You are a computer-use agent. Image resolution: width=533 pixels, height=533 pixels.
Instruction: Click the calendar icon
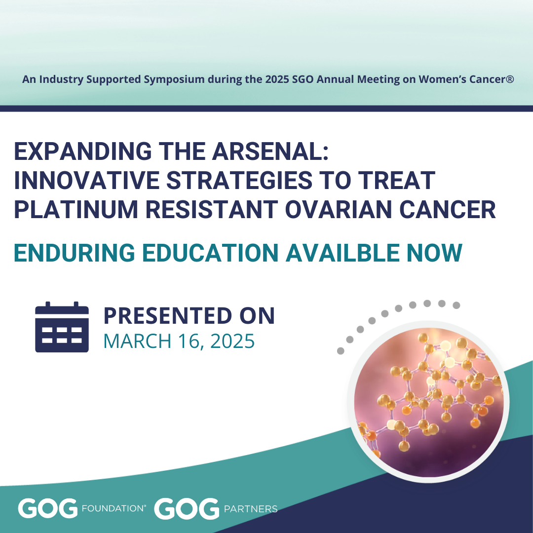[x=62, y=327]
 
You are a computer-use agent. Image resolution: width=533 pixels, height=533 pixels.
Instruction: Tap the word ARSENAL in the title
[x=270, y=151]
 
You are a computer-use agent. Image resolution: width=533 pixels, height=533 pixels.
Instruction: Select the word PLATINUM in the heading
[x=76, y=209]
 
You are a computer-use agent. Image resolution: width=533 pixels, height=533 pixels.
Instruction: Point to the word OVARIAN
[x=338, y=209]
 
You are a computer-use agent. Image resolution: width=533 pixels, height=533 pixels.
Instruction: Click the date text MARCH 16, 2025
[x=179, y=341]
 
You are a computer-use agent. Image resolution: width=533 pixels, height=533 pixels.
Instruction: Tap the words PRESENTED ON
[x=189, y=316]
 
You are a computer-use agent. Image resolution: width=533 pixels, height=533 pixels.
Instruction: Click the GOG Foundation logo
[x=82, y=508]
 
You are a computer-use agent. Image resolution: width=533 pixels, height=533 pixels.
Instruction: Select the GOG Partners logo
[x=216, y=508]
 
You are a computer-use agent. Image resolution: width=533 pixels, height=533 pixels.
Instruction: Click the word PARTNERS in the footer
[x=251, y=509]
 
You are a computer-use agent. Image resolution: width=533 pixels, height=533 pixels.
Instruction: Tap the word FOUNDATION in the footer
[x=114, y=508]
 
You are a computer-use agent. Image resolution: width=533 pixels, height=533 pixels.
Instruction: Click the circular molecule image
[x=428, y=401]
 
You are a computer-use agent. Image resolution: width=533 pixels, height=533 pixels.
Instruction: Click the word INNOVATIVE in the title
[x=87, y=180]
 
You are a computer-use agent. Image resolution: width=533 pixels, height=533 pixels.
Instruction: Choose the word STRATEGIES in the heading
[x=239, y=180]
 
